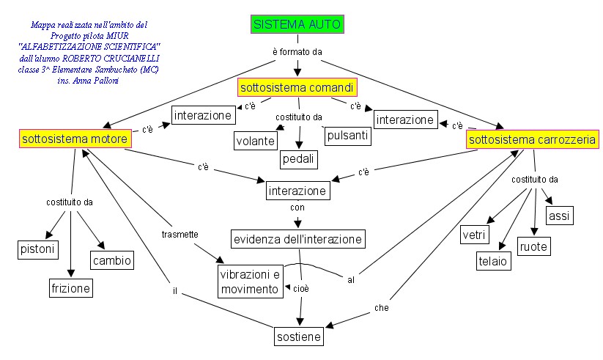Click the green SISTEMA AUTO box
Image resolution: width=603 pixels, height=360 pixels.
[x=297, y=24]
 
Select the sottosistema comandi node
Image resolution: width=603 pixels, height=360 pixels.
[x=297, y=88]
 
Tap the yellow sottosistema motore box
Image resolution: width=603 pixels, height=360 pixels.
[x=75, y=139]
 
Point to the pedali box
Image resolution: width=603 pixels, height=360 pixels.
[x=299, y=158]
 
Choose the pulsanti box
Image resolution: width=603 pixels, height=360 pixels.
[x=347, y=135]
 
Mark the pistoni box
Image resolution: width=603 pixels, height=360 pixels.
[x=37, y=249]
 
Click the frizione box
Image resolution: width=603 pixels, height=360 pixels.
[x=71, y=288]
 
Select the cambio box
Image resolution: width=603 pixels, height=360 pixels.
[x=112, y=260]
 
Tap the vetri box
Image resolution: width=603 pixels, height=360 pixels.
[x=475, y=235]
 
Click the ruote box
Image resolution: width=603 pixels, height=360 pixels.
[x=533, y=246]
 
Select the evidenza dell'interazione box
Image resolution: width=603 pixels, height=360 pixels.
[x=297, y=239]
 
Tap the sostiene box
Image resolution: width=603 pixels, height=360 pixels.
[x=297, y=337]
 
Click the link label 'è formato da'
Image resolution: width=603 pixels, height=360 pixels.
[x=297, y=52]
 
